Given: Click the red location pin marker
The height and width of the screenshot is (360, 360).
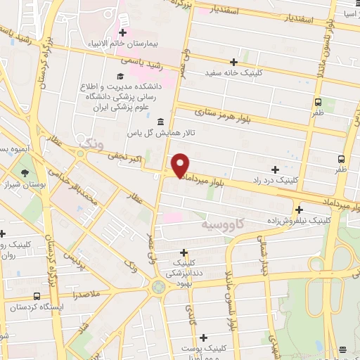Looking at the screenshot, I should click(181, 164).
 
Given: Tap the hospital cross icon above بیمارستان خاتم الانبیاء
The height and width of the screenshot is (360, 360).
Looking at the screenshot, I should click(124, 32).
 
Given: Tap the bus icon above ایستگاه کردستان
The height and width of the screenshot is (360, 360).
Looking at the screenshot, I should click(36, 296).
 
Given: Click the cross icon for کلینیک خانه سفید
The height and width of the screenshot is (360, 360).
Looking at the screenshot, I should click(214, 61).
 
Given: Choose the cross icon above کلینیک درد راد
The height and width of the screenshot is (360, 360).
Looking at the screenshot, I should click(274, 169).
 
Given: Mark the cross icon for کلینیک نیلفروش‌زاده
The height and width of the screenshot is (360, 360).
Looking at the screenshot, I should click(300, 210).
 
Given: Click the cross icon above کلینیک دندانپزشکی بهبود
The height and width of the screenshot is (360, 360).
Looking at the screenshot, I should click(184, 252).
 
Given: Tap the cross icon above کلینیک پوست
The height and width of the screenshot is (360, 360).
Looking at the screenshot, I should click(204, 338).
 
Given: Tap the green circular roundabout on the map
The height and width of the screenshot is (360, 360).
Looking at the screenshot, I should click(158, 285).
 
